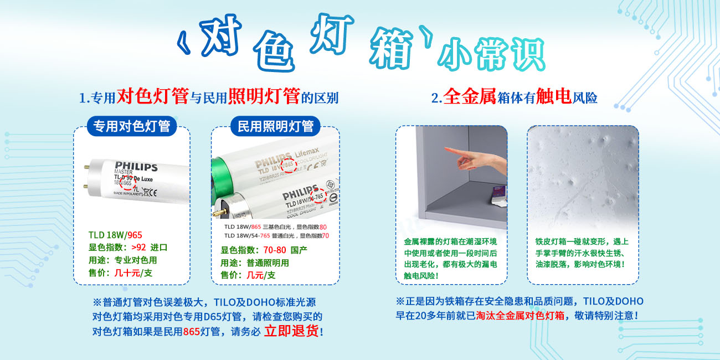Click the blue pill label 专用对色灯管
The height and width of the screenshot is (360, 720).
131,126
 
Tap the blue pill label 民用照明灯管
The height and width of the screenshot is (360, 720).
275,126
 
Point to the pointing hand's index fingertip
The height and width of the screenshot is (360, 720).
446,148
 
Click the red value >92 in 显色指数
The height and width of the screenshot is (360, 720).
138,248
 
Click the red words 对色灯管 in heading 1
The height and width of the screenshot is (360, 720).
153,97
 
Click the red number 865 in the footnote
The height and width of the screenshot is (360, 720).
191,332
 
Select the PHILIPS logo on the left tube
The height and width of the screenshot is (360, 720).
136,166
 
